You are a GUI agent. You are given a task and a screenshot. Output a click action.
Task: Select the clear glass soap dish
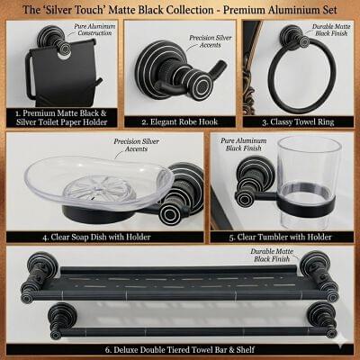(x=99, y=183)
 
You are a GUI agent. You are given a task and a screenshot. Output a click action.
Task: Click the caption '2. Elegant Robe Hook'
(x=180, y=122)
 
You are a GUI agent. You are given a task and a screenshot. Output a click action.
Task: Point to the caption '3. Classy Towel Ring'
(x=298, y=122)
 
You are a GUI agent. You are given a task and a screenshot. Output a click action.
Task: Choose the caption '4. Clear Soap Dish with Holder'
(x=96, y=237)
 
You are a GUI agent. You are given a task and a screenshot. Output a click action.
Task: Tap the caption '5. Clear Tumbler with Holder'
(x=280, y=237)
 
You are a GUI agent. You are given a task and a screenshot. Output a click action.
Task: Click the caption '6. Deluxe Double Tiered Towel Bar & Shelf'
(x=180, y=349)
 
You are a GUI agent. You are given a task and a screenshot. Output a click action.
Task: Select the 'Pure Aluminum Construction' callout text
(x=94, y=30)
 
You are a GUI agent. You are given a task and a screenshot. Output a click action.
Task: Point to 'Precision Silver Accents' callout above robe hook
(x=211, y=41)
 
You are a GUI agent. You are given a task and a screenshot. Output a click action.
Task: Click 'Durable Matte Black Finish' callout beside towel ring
(x=331, y=30)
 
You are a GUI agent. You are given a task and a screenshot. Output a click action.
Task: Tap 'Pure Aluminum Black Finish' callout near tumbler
(x=244, y=144)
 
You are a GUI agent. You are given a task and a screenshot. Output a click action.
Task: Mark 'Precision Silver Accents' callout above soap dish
(x=137, y=145)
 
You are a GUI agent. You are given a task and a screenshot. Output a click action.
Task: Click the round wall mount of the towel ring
(x=292, y=36)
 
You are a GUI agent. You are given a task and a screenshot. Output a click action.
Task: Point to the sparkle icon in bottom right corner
(x=343, y=346)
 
